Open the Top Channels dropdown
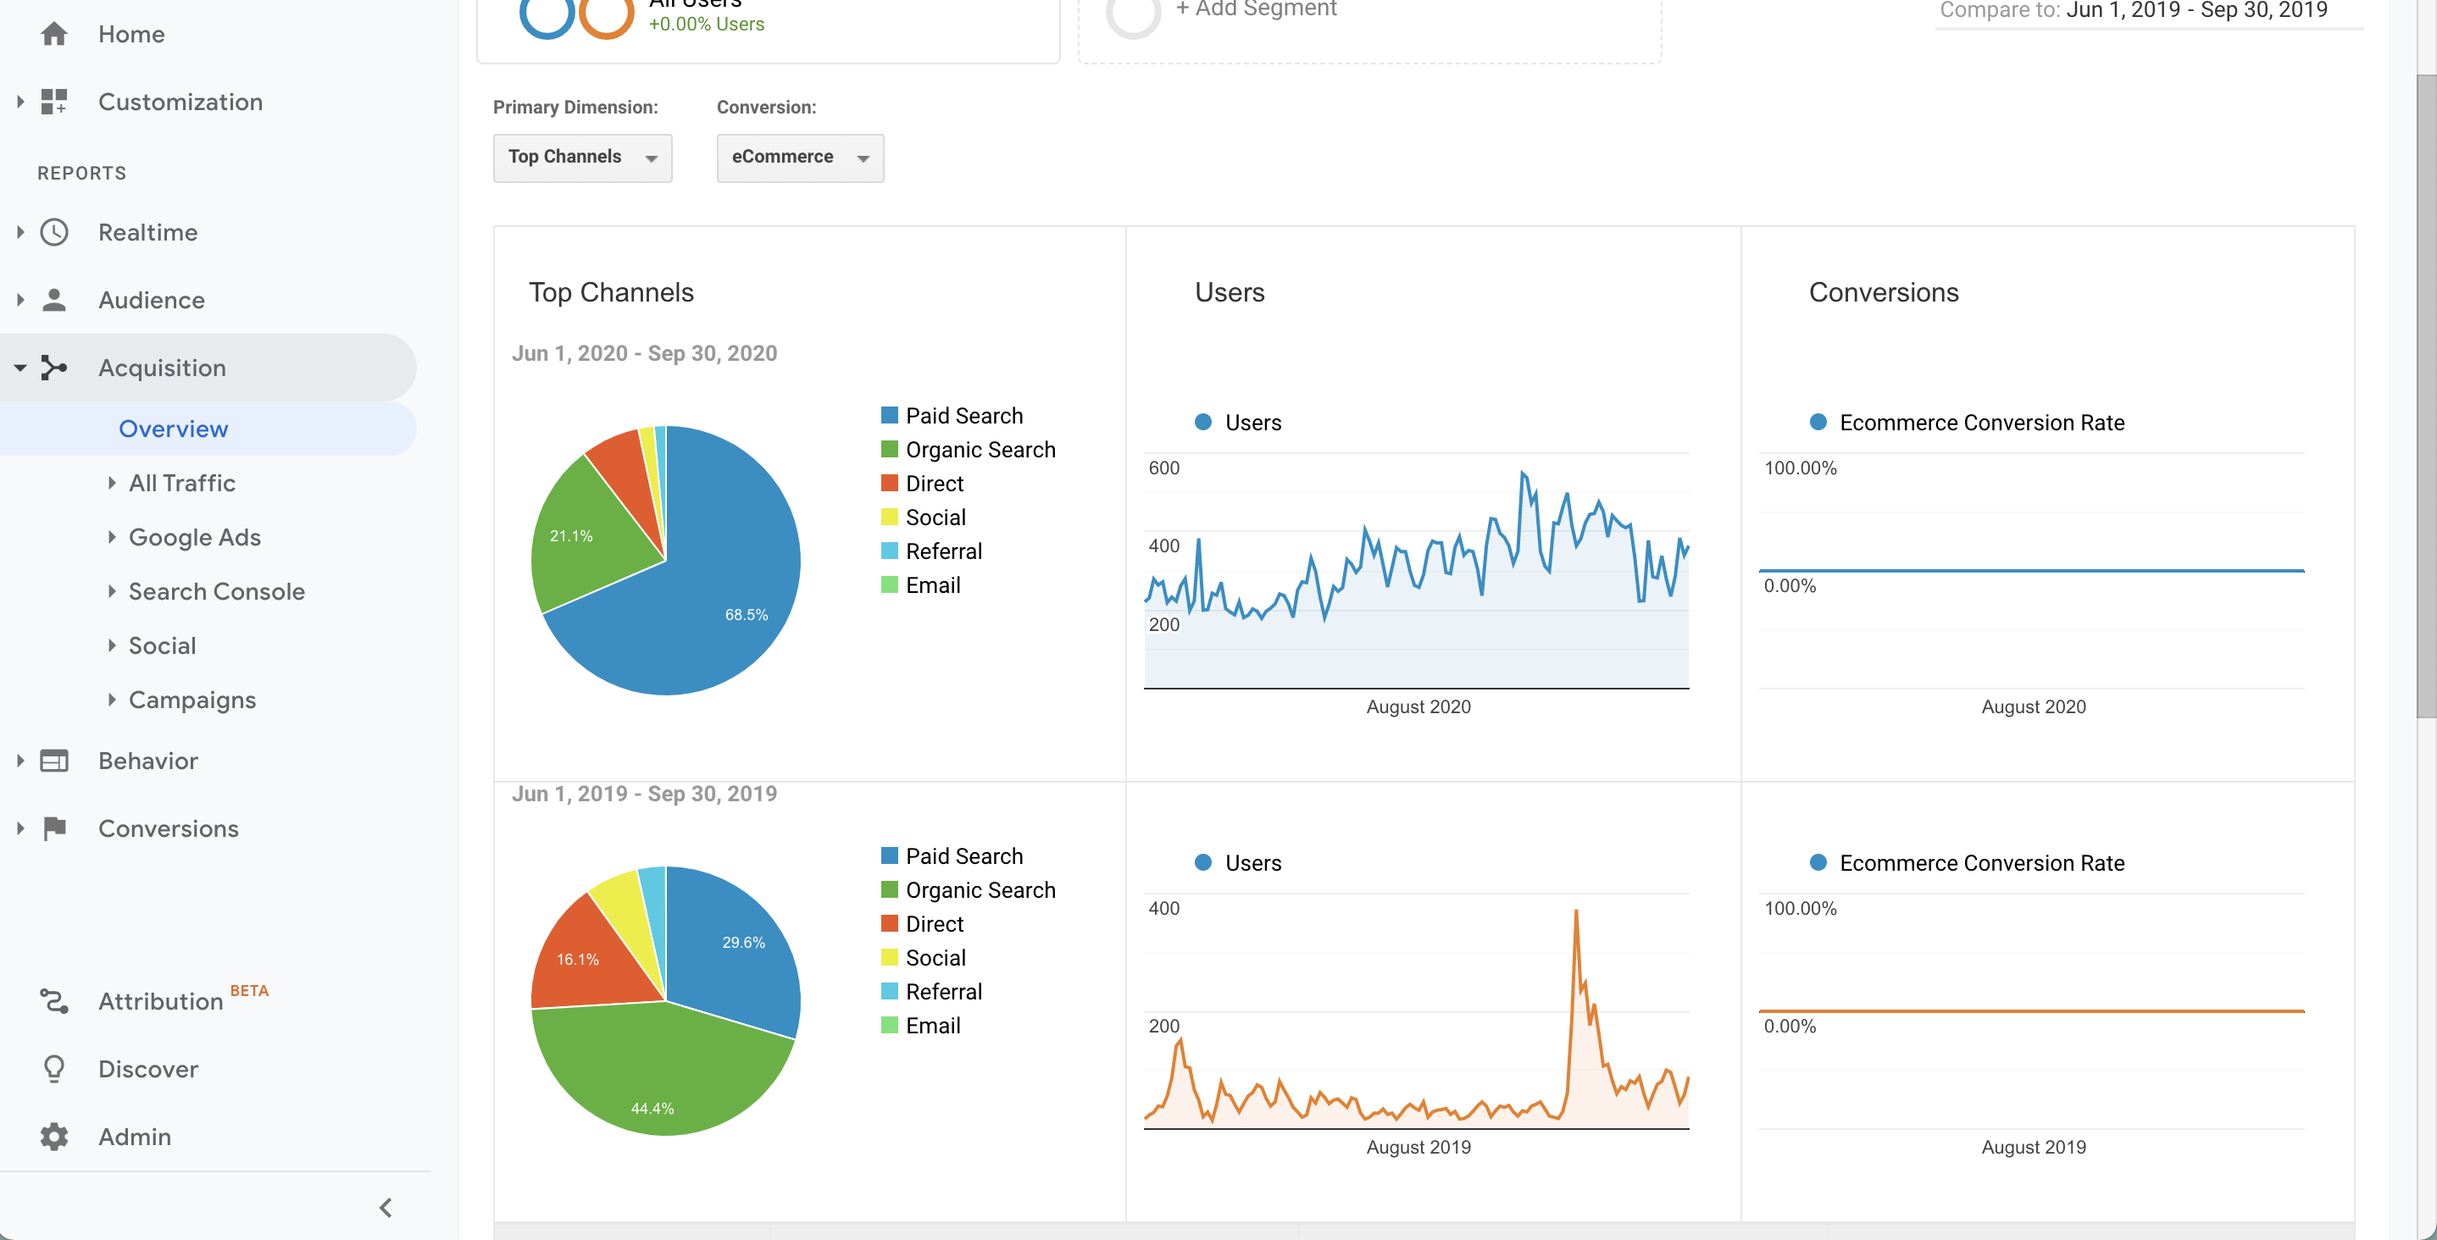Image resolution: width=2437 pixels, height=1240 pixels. coord(582,157)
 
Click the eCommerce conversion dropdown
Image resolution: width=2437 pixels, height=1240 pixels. coord(799,157)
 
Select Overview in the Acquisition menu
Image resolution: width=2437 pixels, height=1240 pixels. coord(173,429)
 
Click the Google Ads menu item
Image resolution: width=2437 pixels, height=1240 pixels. coord(195,537)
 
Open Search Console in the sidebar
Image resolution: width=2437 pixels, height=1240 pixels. coord(217,591)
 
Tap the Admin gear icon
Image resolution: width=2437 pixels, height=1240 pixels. coord(55,1136)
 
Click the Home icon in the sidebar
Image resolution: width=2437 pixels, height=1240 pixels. coord(54,34)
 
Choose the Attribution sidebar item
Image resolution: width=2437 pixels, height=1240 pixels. coord(161,1000)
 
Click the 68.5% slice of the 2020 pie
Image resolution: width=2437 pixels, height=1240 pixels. coord(719,586)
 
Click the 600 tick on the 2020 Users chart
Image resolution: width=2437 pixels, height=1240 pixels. coord(1163,468)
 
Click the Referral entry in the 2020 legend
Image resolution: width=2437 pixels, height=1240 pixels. coord(943,551)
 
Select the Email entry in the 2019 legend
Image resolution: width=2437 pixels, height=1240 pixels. coord(933,1026)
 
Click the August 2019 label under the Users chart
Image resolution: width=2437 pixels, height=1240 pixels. coord(1418,1148)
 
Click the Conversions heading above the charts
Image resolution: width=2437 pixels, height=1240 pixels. coord(1884,292)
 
